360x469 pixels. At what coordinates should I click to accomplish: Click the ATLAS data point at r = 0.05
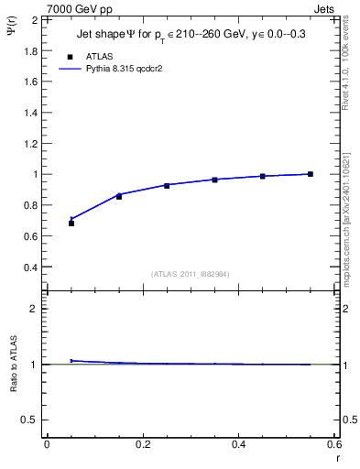pyautogui.click(x=71, y=223)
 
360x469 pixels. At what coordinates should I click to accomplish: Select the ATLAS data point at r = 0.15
pyautogui.click(x=119, y=196)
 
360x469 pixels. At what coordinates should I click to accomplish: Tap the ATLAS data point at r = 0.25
pyautogui.click(x=167, y=185)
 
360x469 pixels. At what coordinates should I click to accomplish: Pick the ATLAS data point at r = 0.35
pyautogui.click(x=215, y=180)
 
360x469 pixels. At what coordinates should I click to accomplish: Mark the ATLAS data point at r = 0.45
pyautogui.click(x=263, y=176)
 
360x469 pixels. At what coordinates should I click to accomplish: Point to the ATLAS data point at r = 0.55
pyautogui.click(x=311, y=174)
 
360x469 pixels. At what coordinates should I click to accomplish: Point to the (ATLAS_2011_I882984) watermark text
pyautogui.click(x=190, y=274)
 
